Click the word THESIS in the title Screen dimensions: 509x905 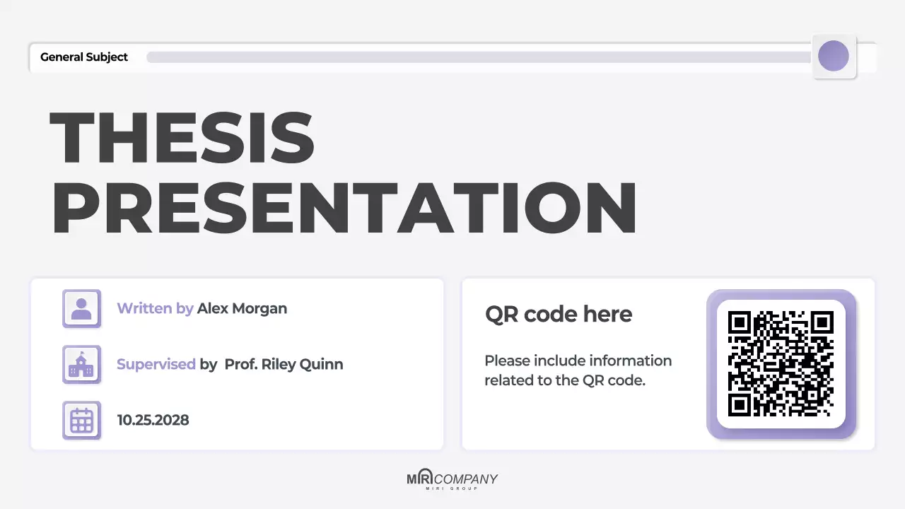click(182, 137)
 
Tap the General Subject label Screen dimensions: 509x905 click(84, 57)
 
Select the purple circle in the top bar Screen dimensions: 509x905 click(833, 56)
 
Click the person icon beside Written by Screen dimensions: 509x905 click(81, 308)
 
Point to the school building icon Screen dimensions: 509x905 click(81, 364)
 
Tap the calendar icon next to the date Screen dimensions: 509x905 click(81, 420)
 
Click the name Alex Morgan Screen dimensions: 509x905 click(242, 308)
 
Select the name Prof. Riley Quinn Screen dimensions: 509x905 click(284, 364)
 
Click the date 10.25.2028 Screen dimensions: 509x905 click(153, 420)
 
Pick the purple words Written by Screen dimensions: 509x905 click(155, 308)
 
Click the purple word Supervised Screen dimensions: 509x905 click(156, 364)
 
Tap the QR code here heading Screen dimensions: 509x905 click(559, 315)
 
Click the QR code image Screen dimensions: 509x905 click(781, 363)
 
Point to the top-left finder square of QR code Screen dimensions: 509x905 click(739, 322)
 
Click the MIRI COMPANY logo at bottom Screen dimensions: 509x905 click(452, 480)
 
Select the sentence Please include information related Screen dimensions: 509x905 click(578, 370)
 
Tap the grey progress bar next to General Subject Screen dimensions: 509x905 click(477, 57)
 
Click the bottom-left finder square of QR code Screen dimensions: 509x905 click(739, 405)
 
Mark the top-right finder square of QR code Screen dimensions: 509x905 click(822, 322)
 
